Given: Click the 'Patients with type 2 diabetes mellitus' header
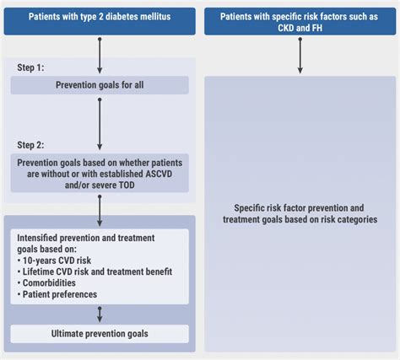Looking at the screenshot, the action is coord(100,21).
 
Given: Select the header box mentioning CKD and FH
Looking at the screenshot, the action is coord(300,21).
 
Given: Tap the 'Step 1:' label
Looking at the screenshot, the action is coord(30,67).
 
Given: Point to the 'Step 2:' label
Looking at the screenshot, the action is coord(30,145).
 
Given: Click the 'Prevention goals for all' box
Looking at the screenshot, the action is coord(100,85).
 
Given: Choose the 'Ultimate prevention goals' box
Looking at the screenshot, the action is coord(100,334).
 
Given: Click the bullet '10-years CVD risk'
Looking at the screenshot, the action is coord(54,261).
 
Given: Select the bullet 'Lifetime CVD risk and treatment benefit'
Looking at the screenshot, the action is coord(95,271).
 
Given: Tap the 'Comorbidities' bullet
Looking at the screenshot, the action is coord(46,283).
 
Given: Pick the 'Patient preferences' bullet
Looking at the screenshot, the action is coord(57,294).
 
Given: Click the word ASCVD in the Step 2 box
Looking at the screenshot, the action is coord(159,174).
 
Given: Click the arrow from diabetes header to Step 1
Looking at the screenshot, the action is coord(100,56).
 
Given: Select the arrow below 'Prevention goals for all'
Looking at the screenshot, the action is coord(100,124).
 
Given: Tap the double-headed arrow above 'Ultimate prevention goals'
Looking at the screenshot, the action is coord(100,314).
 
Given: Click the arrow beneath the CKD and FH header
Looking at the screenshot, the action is coord(300,56).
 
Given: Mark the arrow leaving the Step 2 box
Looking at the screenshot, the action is coord(100,211).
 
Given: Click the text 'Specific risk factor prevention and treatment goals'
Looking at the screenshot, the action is coord(300,213).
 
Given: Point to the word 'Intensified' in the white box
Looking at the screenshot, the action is coord(37,238).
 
